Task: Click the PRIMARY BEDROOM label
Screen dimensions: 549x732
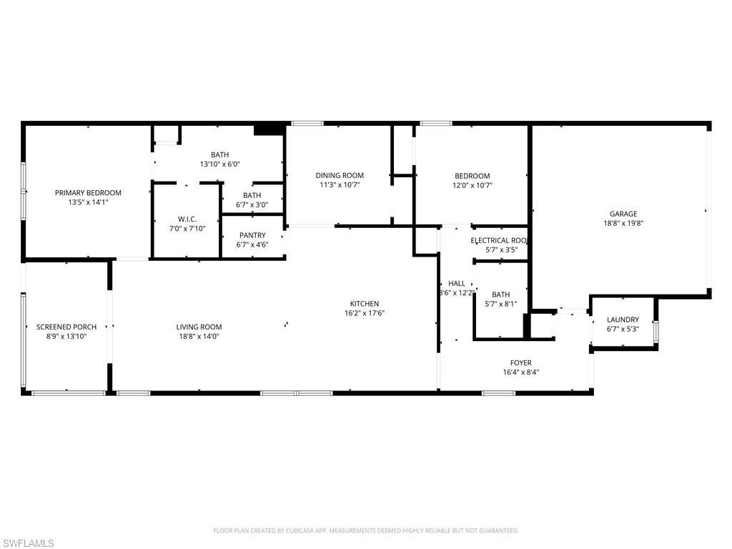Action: [x=89, y=192]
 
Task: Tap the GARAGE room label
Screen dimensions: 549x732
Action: [x=623, y=213]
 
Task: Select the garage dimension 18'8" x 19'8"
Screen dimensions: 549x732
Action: [x=623, y=222]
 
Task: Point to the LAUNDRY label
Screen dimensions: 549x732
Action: [x=623, y=320]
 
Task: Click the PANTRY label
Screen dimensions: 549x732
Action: [x=252, y=235]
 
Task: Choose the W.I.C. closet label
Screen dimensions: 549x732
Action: [x=187, y=219]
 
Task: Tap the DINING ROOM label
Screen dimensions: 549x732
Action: [x=340, y=175]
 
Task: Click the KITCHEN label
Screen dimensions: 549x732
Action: [x=365, y=304]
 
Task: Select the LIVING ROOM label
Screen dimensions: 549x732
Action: [x=199, y=327]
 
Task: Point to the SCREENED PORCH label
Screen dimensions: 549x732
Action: [x=66, y=327]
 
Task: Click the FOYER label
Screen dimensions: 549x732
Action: [x=520, y=362]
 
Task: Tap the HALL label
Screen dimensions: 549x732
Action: [x=457, y=283]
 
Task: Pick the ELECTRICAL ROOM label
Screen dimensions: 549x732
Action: [x=500, y=240]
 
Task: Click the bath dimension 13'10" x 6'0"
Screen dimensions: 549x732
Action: [x=220, y=164]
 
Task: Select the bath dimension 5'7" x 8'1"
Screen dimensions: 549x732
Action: [x=500, y=304]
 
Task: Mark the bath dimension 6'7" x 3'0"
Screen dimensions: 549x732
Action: [x=252, y=204]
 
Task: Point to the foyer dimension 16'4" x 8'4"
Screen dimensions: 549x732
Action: [x=520, y=372]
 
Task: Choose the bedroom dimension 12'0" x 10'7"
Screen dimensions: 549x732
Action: [x=473, y=185]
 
